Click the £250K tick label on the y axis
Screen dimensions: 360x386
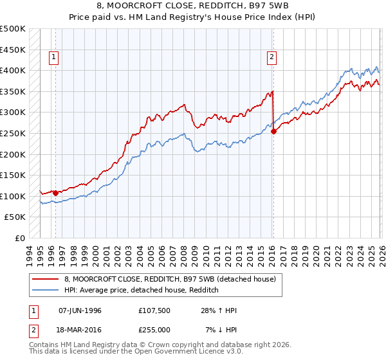click(x=13, y=133)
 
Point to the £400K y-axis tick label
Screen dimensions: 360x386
click(x=13, y=70)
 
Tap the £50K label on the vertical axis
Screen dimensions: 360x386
click(x=15, y=217)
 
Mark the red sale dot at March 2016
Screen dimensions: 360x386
click(x=273, y=131)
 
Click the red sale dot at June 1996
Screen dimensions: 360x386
click(x=56, y=192)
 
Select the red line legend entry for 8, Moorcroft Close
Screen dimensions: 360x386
click(x=170, y=279)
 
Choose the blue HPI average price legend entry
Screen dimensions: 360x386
click(x=142, y=291)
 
